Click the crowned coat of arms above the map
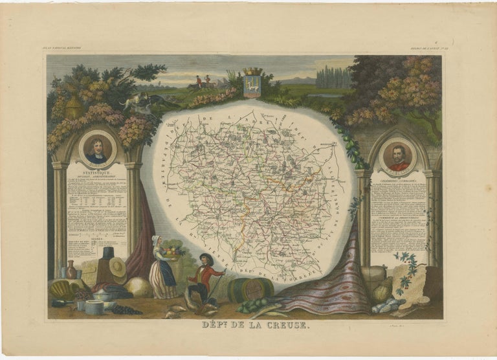click(252, 82)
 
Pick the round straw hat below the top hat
click(117, 267)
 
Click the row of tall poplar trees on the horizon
click(333, 77)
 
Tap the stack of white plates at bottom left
click(94, 307)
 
